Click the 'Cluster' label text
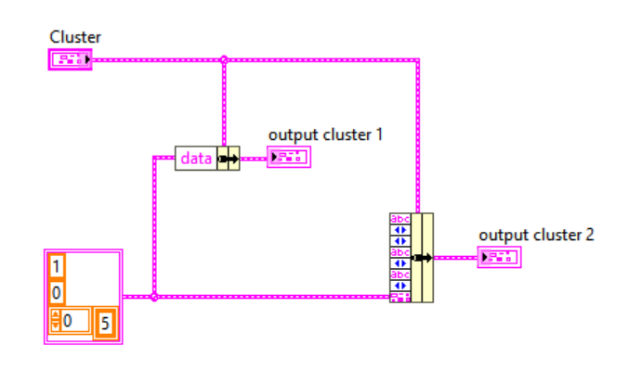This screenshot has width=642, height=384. pyautogui.click(x=75, y=37)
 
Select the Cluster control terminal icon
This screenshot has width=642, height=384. pyautogui.click(x=71, y=60)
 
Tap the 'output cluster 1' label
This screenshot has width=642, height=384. pyautogui.click(x=325, y=134)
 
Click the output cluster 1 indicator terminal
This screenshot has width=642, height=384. pyautogui.click(x=289, y=159)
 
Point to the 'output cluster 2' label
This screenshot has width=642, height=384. pyautogui.click(x=536, y=235)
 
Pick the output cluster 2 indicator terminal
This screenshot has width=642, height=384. pyautogui.click(x=500, y=258)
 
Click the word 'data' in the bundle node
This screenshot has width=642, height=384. pyautogui.click(x=196, y=159)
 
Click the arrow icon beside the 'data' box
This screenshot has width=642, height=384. pyautogui.click(x=228, y=159)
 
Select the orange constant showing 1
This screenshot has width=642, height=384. pyautogui.click(x=57, y=267)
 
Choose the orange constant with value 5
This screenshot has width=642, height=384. pyautogui.click(x=105, y=325)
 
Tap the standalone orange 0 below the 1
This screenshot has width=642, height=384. pyautogui.click(x=57, y=293)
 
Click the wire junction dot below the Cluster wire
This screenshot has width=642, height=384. pyautogui.click(x=223, y=60)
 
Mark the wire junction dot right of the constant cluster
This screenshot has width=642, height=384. pyautogui.click(x=154, y=298)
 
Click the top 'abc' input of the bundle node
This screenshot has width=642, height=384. pyautogui.click(x=400, y=220)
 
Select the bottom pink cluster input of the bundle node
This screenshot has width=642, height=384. pyautogui.click(x=400, y=297)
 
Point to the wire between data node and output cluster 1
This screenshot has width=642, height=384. pyautogui.click(x=253, y=159)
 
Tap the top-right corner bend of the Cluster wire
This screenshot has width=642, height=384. pyautogui.click(x=418, y=60)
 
